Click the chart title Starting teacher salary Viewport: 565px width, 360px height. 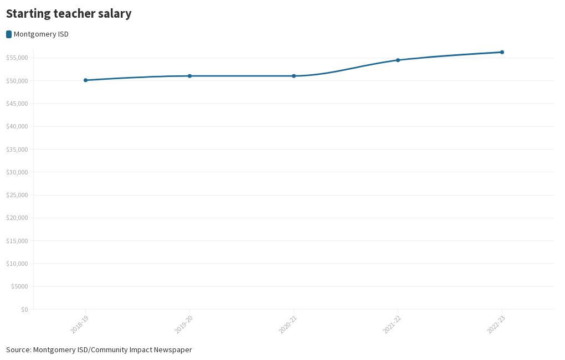click(x=69, y=14)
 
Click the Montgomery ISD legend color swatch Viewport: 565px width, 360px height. click(x=9, y=34)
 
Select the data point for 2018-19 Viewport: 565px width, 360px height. click(x=85, y=80)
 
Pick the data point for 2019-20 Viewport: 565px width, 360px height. click(x=189, y=76)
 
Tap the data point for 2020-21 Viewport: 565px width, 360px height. click(x=294, y=76)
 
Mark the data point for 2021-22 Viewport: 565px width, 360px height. click(x=398, y=60)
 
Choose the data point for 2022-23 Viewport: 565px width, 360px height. click(x=502, y=52)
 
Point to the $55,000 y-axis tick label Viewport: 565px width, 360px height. click(x=17, y=58)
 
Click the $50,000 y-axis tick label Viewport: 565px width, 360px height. click(x=17, y=81)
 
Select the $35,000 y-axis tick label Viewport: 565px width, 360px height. click(x=17, y=150)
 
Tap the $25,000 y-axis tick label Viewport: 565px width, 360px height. click(x=17, y=195)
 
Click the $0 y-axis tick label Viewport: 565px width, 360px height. click(x=24, y=310)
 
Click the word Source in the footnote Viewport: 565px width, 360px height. click(x=18, y=350)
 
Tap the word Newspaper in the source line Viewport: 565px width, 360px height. click(x=173, y=350)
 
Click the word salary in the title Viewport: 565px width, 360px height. click(x=115, y=14)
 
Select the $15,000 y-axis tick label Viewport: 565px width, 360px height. click(x=17, y=241)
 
